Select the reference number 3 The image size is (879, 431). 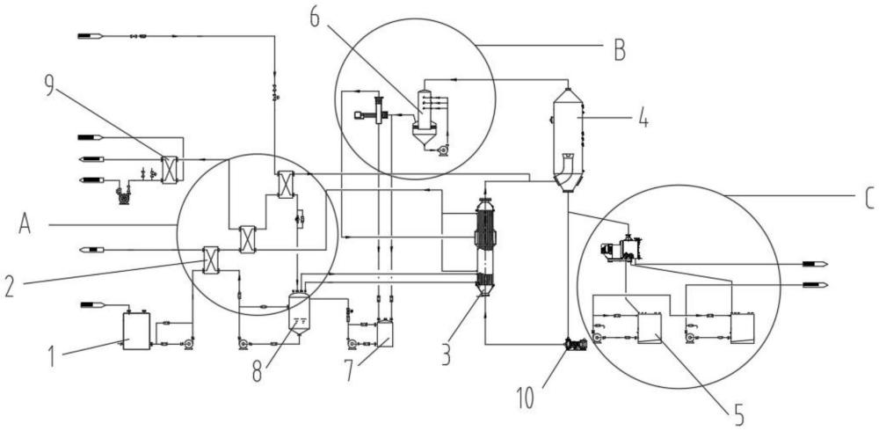pyautogui.click(x=446, y=356)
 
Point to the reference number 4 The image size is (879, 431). pyautogui.click(x=643, y=119)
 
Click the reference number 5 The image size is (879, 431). pyautogui.click(x=739, y=417)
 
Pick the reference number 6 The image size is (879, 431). pyautogui.click(x=314, y=18)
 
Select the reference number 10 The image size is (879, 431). pyautogui.click(x=527, y=398)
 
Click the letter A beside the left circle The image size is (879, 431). pyautogui.click(x=24, y=224)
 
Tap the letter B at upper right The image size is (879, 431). pyautogui.click(x=619, y=51)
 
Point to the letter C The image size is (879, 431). pyautogui.click(x=869, y=200)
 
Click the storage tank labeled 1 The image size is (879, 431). pyautogui.click(x=136, y=331)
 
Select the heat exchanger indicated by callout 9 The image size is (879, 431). pyautogui.click(x=169, y=170)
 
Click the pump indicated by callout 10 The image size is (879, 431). pyautogui.click(x=577, y=344)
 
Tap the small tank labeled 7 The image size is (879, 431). pyautogui.click(x=385, y=334)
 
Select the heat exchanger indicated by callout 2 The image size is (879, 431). pyautogui.click(x=211, y=259)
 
